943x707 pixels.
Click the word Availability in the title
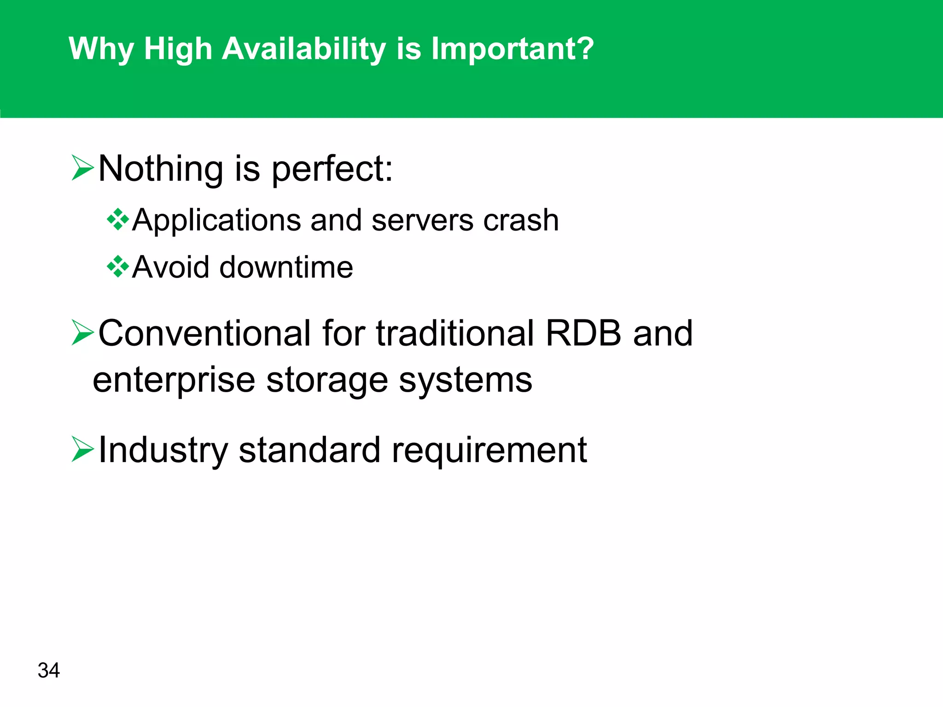pyautogui.click(x=304, y=49)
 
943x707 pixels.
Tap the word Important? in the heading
pyautogui.click(x=512, y=49)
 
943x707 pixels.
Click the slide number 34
pyautogui.click(x=48, y=670)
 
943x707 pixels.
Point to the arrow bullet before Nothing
pyautogui.click(x=83, y=168)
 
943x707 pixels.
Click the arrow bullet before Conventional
pyautogui.click(x=83, y=333)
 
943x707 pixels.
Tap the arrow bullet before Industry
pyautogui.click(x=83, y=450)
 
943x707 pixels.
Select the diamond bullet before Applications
pyautogui.click(x=118, y=220)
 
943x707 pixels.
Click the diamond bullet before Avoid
pyautogui.click(x=118, y=267)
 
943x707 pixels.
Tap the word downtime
pyautogui.click(x=286, y=267)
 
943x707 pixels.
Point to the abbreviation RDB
pyautogui.click(x=583, y=333)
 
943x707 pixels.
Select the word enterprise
pyautogui.click(x=174, y=381)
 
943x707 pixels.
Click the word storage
pyautogui.click(x=327, y=381)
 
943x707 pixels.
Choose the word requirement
pyautogui.click(x=489, y=450)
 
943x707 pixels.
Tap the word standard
pyautogui.click(x=309, y=450)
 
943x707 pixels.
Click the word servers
pyautogui.click(x=422, y=220)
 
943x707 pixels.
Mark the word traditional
pyautogui.click(x=455, y=333)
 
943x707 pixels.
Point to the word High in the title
pyautogui.click(x=178, y=49)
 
